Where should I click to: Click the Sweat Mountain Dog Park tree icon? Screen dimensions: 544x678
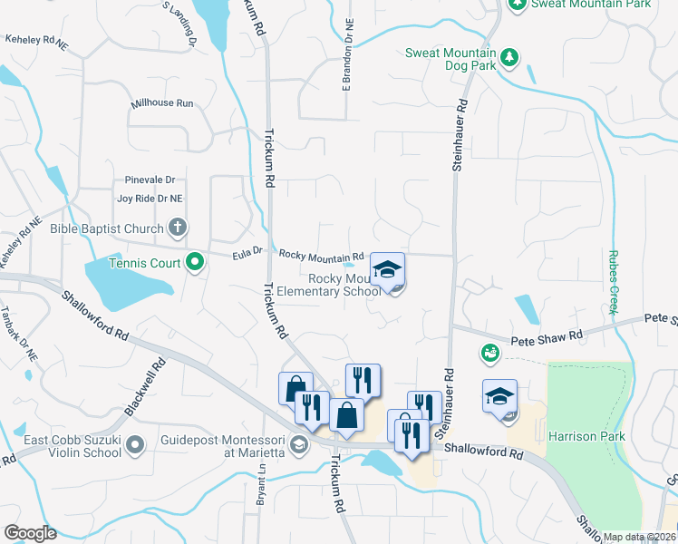(508, 58)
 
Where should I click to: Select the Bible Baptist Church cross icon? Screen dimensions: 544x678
(178, 228)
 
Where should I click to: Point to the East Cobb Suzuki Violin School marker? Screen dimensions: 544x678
(135, 444)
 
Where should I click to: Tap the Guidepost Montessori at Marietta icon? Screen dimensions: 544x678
(298, 444)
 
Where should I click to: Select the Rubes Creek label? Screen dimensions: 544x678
(614, 282)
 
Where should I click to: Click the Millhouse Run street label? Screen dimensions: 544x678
(162, 103)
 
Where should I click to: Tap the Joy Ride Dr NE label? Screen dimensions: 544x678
(150, 198)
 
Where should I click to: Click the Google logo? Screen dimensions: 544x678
(30, 533)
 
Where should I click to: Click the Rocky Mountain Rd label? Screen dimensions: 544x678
(321, 255)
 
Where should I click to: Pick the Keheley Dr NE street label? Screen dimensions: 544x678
(36, 41)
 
